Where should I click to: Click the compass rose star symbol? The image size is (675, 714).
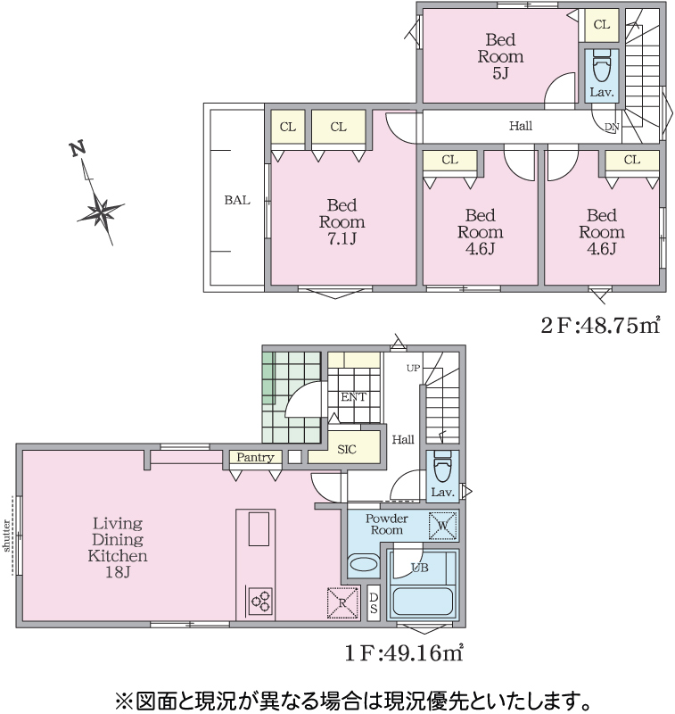pos(101,212)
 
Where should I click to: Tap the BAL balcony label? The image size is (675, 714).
pos(237,200)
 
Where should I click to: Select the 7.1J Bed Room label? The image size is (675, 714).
pos(342,221)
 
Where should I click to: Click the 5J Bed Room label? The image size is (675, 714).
pos(500,56)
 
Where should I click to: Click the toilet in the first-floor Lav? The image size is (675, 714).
pos(442,467)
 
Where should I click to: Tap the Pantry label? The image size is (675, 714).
pos(255,457)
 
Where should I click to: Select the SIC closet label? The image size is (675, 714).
pos(347,450)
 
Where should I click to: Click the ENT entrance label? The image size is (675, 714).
pos(353,396)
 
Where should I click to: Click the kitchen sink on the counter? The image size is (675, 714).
pos(259,528)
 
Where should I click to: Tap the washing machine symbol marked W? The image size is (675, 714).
pos(442,526)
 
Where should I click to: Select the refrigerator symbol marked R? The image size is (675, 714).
pos(342,603)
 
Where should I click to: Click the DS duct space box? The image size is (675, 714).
pos(374,603)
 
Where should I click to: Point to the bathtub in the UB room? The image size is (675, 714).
pos(422,602)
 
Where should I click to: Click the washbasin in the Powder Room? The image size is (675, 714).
pos(364,565)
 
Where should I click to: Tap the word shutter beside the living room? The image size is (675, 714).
pos(6,535)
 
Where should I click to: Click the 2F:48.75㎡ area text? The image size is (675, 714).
pos(600,325)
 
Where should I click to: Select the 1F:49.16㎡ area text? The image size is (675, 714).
pos(404,653)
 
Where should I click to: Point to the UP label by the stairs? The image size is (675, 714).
pos(414,368)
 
